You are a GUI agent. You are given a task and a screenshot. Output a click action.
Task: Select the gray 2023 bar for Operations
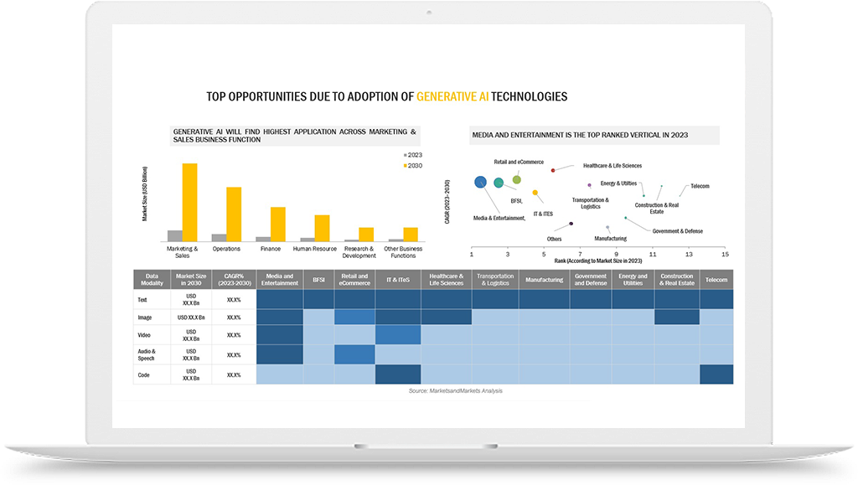pyautogui.click(x=219, y=238)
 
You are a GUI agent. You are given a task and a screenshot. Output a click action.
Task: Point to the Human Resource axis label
pyautogui.click(x=315, y=249)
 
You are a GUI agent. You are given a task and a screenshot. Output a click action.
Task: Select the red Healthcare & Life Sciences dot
pyautogui.click(x=553, y=170)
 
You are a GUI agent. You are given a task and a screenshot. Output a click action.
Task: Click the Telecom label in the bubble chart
pyautogui.click(x=700, y=185)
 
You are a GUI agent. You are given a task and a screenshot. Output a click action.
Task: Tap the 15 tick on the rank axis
pyautogui.click(x=725, y=253)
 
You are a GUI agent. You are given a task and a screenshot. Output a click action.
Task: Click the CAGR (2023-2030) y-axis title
pyautogui.click(x=448, y=202)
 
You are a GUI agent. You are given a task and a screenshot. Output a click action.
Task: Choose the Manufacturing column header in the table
pyautogui.click(x=545, y=280)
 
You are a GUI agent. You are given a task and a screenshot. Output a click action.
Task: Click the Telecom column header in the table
pyautogui.click(x=716, y=280)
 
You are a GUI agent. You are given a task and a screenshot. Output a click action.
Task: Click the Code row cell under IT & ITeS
pyautogui.click(x=398, y=374)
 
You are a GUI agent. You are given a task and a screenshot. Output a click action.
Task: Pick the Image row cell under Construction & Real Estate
pyautogui.click(x=677, y=317)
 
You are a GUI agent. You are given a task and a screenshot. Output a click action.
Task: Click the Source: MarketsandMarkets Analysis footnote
pyautogui.click(x=456, y=391)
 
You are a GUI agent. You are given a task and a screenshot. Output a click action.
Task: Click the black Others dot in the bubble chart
pyautogui.click(x=571, y=224)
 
